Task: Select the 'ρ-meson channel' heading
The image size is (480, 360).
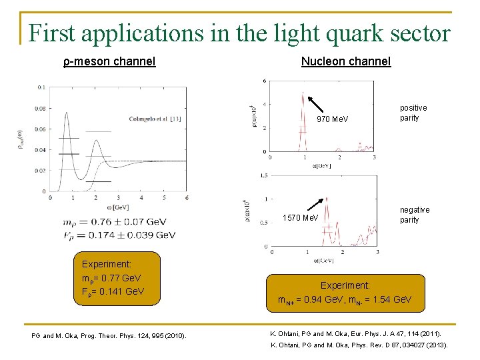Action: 109,61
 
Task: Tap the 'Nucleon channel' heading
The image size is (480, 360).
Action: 345,61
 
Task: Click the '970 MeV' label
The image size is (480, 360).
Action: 332,119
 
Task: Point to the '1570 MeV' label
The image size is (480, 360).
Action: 301,218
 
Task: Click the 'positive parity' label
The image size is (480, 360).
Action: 413,113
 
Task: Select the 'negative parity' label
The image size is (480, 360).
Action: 415,215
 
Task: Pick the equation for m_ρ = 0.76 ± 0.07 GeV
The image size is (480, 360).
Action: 119,222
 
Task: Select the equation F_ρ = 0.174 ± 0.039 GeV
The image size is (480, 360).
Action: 119,235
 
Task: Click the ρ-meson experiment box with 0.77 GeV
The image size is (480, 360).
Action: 117,278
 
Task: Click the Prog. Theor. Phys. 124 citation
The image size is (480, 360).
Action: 109,335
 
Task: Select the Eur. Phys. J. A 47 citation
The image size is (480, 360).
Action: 355,333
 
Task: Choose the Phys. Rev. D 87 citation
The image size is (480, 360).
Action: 359,345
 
